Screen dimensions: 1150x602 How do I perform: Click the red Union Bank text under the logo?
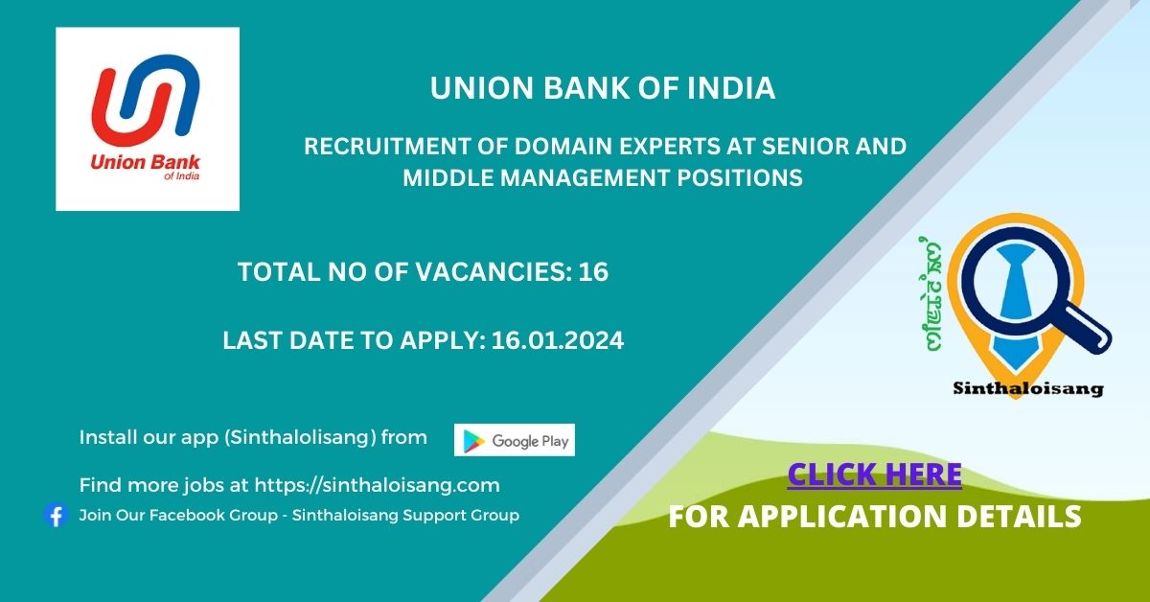[x=145, y=162]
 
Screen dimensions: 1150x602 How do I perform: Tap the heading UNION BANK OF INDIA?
[x=602, y=88]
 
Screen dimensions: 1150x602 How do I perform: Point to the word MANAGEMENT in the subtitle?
[x=585, y=178]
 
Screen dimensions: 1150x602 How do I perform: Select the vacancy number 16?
[x=593, y=271]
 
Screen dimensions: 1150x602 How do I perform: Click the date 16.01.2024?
[x=558, y=340]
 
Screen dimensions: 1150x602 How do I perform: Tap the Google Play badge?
[x=515, y=440]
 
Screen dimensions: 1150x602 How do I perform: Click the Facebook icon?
[x=56, y=515]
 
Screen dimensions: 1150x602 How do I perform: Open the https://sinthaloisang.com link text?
[x=377, y=485]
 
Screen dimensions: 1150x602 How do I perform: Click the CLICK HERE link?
[x=874, y=475]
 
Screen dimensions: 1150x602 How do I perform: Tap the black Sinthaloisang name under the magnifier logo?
[x=1027, y=389]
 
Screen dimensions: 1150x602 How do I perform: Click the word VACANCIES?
[x=494, y=271]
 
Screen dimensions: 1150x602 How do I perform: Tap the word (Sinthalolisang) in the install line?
[x=300, y=438]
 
